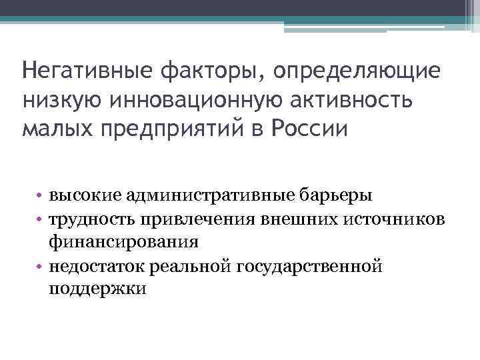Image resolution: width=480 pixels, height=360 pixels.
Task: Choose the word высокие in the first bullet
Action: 81,195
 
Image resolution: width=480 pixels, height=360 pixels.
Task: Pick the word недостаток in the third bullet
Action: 91,267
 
